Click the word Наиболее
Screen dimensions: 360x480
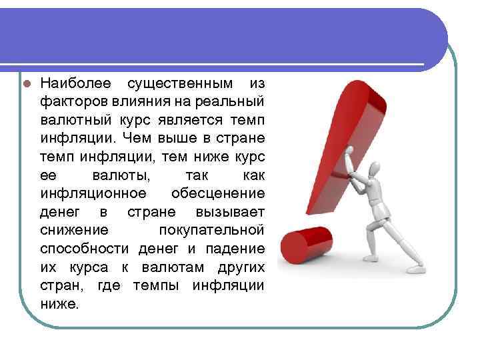coord(73,84)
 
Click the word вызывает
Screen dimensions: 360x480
coord(230,212)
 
